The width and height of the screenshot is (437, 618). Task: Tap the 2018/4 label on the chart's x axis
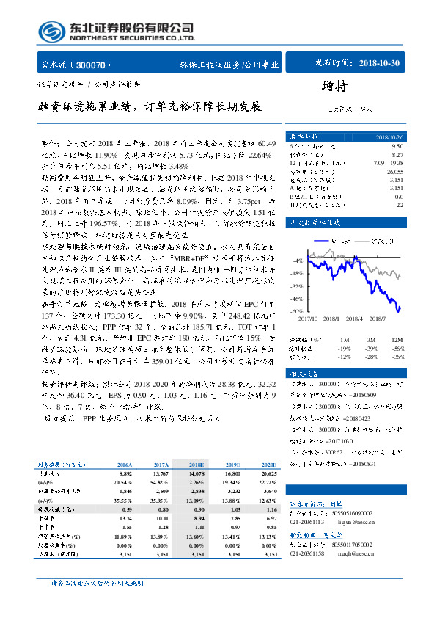point(352,318)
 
